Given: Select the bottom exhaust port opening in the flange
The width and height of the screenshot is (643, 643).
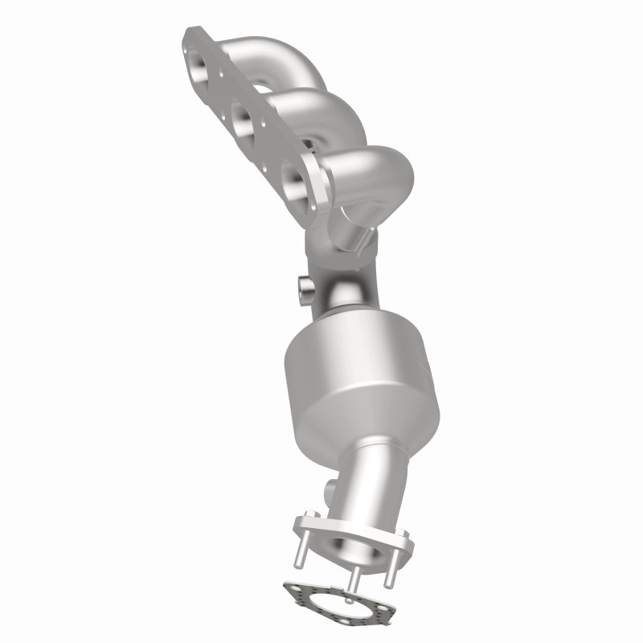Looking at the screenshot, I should [x=288, y=174].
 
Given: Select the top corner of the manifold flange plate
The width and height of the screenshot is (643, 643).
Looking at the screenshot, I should [x=190, y=32].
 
